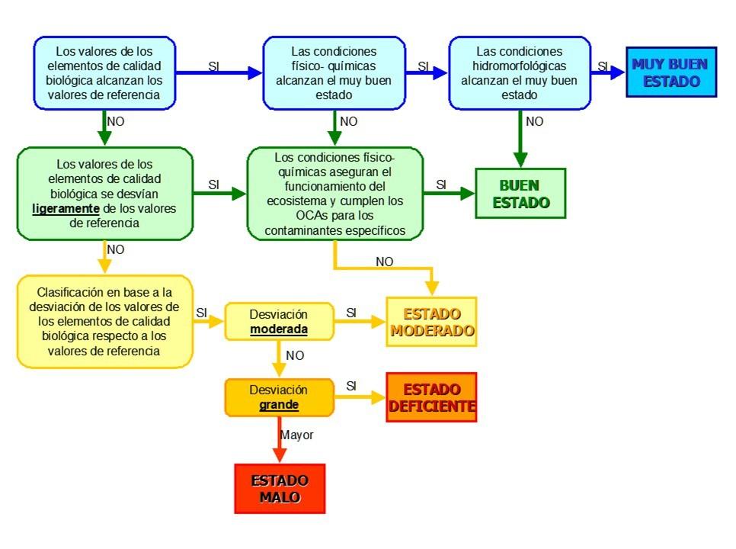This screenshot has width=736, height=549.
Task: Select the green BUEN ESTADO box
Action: tap(520, 194)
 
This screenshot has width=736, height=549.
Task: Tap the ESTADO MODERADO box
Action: tap(431, 322)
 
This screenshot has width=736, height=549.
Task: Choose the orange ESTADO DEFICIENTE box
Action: tap(431, 396)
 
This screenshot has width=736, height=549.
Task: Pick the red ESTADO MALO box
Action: tap(280, 489)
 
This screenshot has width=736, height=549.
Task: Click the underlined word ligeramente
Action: tap(66, 209)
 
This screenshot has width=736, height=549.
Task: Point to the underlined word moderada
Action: tap(279, 329)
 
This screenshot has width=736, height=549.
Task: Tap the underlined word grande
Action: tap(279, 404)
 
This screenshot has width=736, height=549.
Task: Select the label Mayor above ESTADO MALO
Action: tap(296, 435)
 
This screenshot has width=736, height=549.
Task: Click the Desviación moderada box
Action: tap(279, 321)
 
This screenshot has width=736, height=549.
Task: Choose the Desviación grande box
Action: tap(279, 397)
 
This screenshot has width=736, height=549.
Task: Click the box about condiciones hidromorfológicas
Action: tap(520, 73)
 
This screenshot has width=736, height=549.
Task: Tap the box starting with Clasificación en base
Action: tap(105, 321)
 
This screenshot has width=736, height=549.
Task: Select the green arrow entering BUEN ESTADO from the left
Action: tap(450, 194)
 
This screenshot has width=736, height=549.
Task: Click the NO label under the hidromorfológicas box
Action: tap(535, 121)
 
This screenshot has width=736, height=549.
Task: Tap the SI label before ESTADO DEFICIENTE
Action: tap(351, 386)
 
